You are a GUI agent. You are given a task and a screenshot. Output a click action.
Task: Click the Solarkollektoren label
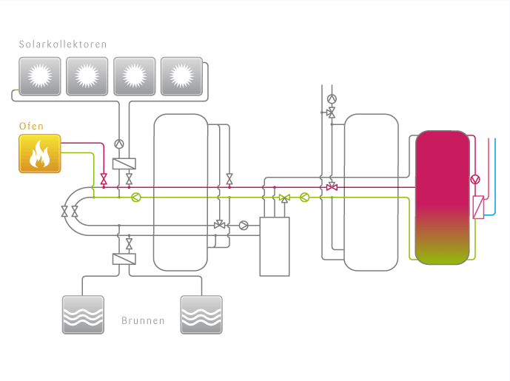tap(63, 44)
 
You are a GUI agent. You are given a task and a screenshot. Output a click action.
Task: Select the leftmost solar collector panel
tap(38, 75)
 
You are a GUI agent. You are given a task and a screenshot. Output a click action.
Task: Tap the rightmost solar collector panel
tap(181, 75)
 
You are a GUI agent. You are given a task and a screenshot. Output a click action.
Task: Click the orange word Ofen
tap(31, 127)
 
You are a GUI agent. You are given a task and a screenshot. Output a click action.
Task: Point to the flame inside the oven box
tap(39, 155)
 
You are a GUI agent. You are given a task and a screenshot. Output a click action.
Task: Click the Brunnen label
tap(142, 322)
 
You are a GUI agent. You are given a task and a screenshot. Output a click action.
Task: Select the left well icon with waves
tap(82, 314)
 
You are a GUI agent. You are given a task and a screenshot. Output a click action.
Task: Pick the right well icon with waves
tap(201, 314)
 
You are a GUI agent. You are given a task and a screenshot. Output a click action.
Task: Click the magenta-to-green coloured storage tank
tap(442, 198)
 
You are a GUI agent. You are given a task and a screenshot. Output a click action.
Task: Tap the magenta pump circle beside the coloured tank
tap(476, 179)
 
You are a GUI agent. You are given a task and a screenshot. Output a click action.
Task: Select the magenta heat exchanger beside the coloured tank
tap(479, 207)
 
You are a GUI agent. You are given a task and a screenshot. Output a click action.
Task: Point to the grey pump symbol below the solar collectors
tap(119, 144)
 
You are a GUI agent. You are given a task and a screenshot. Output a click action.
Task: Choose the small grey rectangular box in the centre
tap(274, 246)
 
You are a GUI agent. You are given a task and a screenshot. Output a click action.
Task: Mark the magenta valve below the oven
tap(104, 179)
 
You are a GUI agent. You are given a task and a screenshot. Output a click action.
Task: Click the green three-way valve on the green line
tap(284, 198)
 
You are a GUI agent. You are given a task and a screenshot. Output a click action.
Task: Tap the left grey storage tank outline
tap(180, 192)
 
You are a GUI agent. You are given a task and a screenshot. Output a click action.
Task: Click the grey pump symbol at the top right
tap(332, 98)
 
